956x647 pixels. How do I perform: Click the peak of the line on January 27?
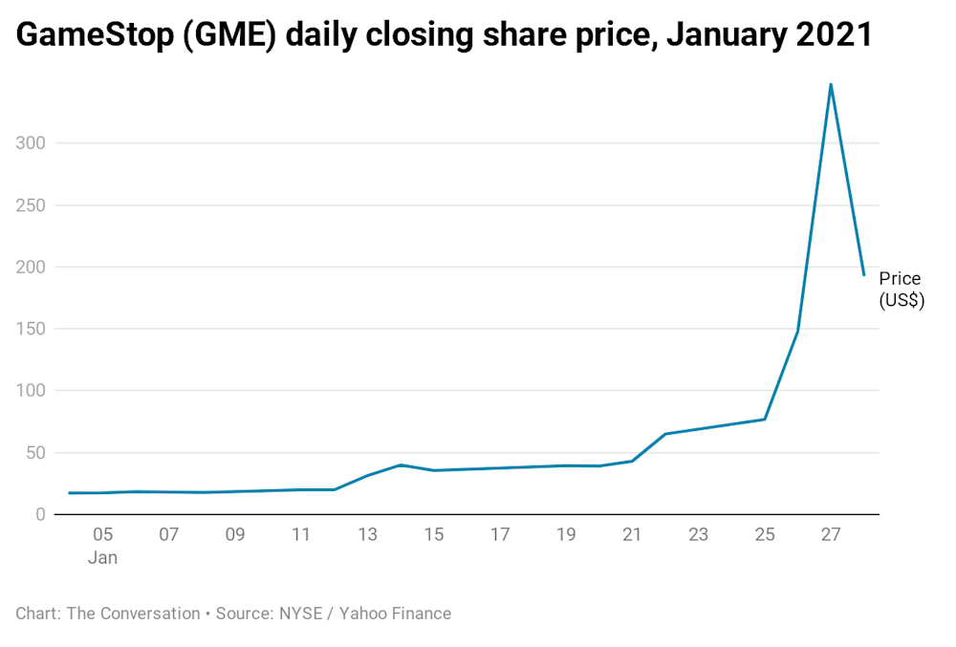[x=830, y=84]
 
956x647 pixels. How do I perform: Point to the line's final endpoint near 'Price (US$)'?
[x=863, y=275]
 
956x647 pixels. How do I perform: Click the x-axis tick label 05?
[x=102, y=535]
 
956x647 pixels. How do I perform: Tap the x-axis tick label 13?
[x=367, y=535]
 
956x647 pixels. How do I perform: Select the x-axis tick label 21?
[x=632, y=535]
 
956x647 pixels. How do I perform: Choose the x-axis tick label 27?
[x=830, y=535]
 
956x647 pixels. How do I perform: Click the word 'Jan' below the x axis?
[x=102, y=557]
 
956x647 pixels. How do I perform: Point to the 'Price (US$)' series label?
[x=901, y=289]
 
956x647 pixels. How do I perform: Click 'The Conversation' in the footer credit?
[x=133, y=614]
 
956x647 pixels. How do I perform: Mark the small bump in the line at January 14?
[x=400, y=464]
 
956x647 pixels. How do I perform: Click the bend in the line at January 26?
[x=797, y=331]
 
